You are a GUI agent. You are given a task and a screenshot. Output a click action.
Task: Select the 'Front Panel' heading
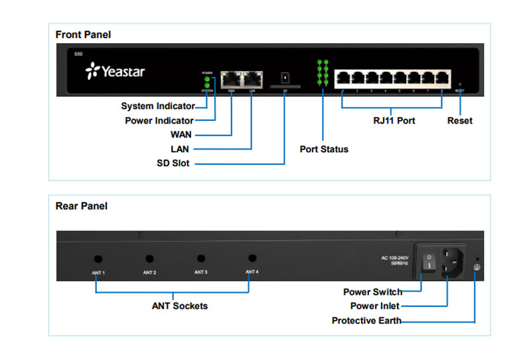pos(83,35)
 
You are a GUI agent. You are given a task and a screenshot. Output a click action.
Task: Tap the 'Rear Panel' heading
pos(81,206)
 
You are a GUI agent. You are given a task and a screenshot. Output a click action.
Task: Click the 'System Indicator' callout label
pos(158,106)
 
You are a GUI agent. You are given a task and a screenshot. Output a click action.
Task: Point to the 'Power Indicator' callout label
pos(159,121)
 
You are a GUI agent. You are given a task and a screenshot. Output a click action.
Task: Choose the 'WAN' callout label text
pos(181,135)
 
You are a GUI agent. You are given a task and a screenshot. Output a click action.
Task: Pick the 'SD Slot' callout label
pos(173,163)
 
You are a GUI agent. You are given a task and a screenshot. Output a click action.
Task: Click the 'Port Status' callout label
pos(324,149)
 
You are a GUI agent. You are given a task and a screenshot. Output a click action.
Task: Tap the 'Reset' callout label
pos(460,121)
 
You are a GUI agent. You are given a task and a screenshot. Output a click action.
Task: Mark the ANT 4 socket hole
pos(252,258)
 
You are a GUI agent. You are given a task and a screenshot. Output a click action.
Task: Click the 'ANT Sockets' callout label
pos(180,306)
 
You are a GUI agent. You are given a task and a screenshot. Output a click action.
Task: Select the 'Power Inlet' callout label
pos(374,306)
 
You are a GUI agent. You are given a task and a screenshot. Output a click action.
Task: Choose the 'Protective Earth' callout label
pos(366,321)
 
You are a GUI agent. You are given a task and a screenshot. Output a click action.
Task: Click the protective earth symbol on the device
pos(475,267)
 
